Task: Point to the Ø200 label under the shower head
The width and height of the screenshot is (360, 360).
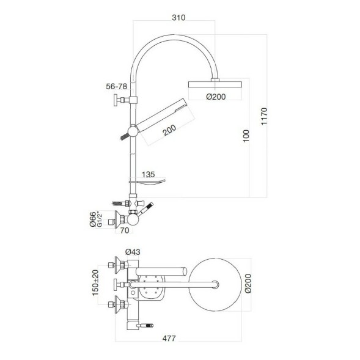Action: tap(216, 95)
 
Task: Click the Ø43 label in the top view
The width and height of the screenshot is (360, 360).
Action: tap(133, 251)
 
